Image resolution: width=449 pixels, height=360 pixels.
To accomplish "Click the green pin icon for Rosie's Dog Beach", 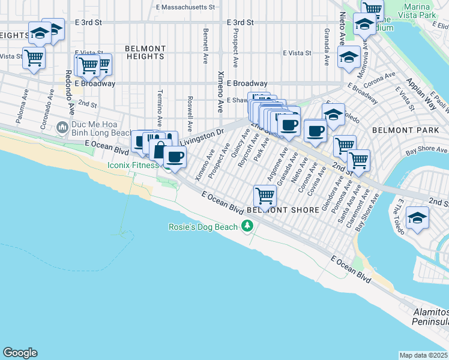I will point(247,226).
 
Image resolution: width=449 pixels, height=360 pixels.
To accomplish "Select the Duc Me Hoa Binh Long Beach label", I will point(97,127).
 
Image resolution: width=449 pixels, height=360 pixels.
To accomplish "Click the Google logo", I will point(20,353).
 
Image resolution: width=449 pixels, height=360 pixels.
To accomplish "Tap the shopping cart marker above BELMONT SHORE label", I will point(265,194).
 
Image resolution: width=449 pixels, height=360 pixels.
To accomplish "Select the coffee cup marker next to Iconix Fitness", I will point(175,157).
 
